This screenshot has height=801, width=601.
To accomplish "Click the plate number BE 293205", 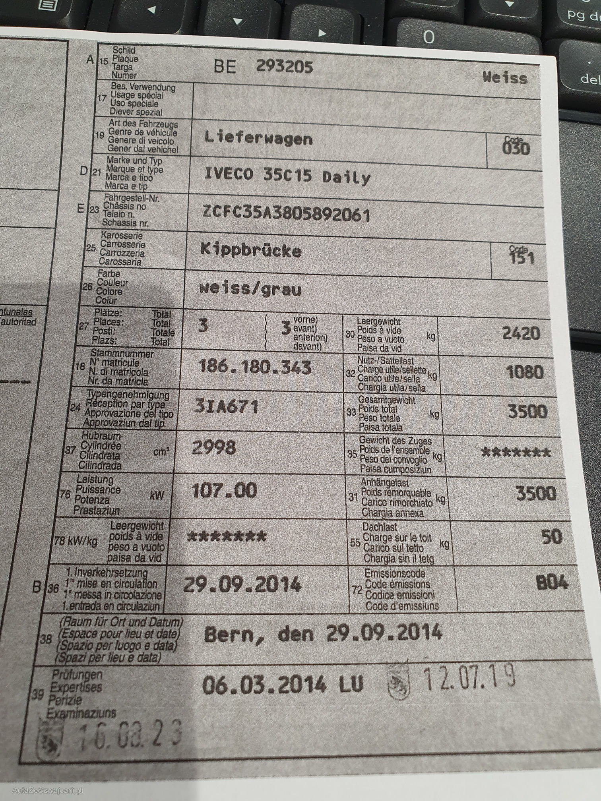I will coord(263,66).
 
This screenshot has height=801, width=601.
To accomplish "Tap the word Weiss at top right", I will coord(505,77).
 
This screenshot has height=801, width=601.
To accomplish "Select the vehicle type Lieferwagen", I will coord(258,138).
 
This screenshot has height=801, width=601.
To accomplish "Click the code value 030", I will coord(516,149).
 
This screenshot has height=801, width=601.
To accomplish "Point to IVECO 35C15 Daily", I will coord(287,176).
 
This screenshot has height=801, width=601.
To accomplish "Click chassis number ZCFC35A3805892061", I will coord(286,215).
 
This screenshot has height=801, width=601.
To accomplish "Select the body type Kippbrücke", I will coord(251,250).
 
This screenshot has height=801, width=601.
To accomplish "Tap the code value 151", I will coord(522,259).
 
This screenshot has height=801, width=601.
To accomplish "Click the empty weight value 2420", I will coord(521,333).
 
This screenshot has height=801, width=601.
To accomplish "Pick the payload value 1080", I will coord(525,372).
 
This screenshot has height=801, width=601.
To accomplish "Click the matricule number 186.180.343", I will coord(254,367).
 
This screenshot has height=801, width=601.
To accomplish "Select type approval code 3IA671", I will coord(226,407).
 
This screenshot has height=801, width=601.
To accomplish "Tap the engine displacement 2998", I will coord(214,448).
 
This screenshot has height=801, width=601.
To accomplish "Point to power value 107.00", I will coord(224,491).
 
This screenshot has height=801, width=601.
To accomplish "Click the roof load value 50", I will coord(551,537).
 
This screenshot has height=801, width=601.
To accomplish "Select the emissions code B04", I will coord(552,583).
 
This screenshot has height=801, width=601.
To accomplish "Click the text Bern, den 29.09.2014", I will coord(323,633).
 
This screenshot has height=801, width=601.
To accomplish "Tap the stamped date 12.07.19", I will coord(469,677).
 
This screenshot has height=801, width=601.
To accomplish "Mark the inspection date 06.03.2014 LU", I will coord(282,685).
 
